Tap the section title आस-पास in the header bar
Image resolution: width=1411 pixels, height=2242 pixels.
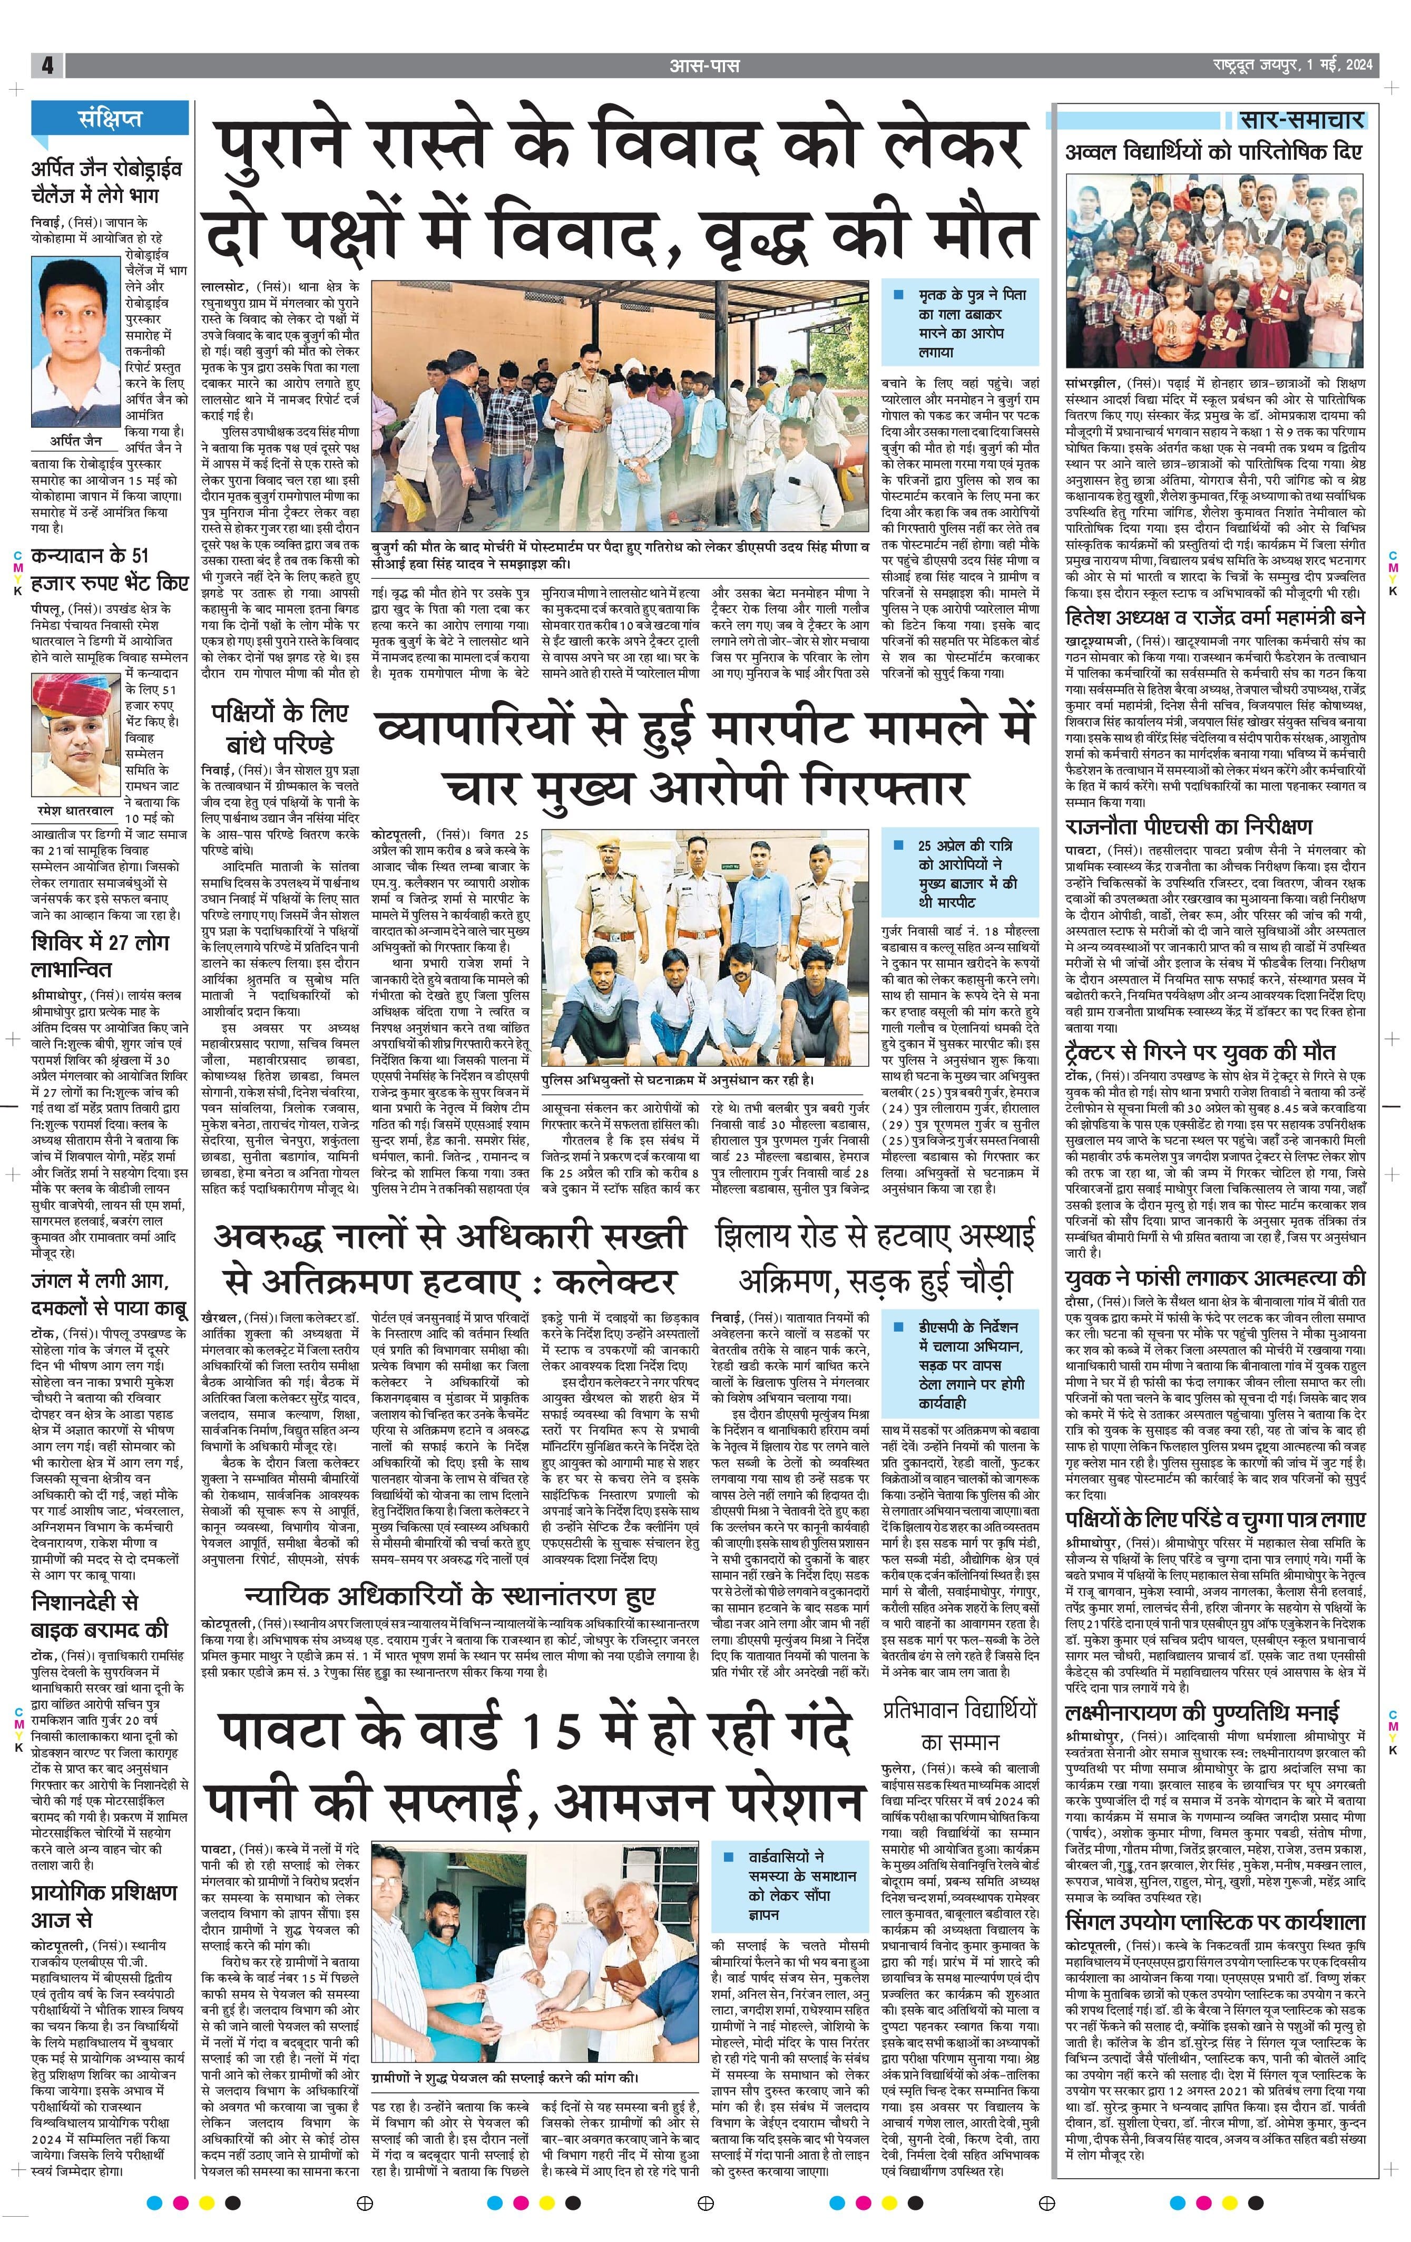click(x=704, y=65)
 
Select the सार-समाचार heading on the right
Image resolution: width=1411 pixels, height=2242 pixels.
click(x=1301, y=119)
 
